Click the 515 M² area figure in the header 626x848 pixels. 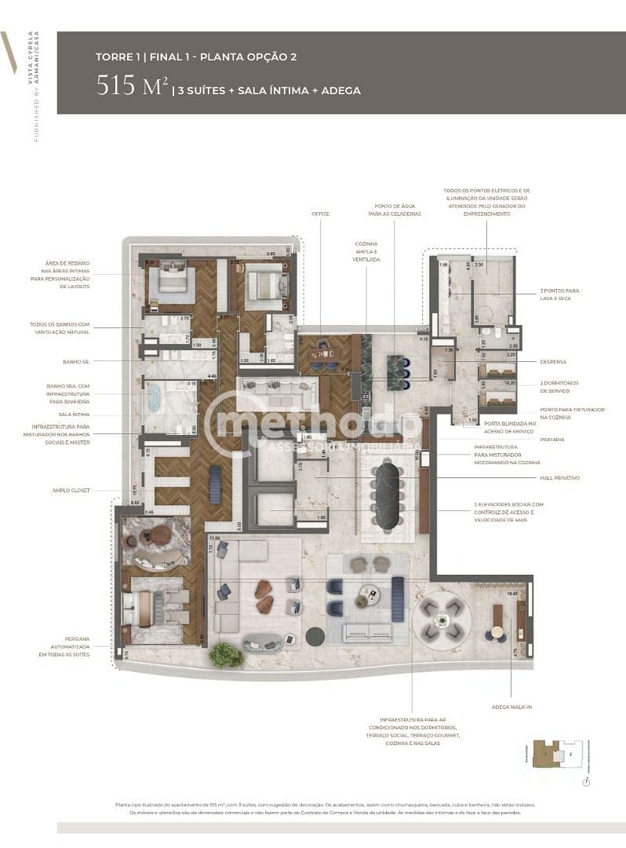click(132, 86)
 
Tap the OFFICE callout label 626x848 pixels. click(320, 214)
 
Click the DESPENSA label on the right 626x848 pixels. click(552, 362)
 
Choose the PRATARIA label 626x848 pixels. click(551, 439)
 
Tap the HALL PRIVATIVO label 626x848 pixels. click(559, 477)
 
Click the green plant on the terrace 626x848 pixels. click(226, 655)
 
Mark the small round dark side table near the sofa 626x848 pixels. click(315, 636)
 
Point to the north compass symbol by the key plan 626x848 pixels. click(586, 782)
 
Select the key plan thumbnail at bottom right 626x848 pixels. click(559, 755)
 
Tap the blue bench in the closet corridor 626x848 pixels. click(216, 484)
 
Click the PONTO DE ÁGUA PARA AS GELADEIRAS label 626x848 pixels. click(395, 210)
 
